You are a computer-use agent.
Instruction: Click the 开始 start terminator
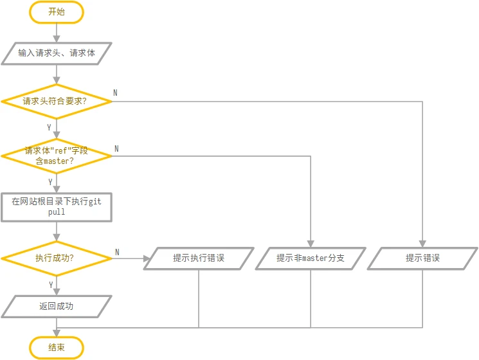57,12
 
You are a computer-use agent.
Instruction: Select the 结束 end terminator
57,348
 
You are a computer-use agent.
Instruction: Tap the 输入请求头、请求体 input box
57,53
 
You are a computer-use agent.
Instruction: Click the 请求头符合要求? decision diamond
57,102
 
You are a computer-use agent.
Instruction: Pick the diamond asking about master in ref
57,156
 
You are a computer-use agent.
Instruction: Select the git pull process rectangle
57,207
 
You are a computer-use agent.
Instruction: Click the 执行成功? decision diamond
57,258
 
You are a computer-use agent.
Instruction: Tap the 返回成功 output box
57,306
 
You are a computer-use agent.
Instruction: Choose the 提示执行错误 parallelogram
199,258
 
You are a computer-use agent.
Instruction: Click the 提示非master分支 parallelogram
311,258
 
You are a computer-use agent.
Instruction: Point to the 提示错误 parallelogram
422,258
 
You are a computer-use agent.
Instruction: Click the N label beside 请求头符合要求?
115,93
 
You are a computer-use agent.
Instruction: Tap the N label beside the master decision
116,148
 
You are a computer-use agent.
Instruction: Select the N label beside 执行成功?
117,252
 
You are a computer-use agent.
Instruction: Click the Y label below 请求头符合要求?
49,127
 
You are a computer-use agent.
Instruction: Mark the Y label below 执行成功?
51,285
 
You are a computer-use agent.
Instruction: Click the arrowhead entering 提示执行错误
147,258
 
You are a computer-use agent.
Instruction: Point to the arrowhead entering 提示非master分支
311,244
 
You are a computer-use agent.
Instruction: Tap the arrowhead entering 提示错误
422,244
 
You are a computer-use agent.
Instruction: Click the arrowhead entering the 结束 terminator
57,333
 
